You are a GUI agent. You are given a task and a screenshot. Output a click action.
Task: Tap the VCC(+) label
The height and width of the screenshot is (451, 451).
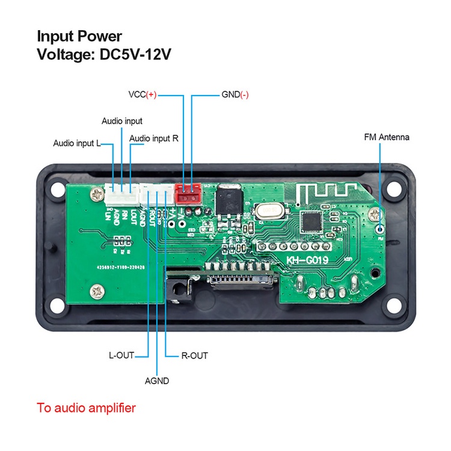[x=143, y=95]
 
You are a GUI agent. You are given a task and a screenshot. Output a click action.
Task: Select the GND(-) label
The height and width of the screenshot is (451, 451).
[x=235, y=95]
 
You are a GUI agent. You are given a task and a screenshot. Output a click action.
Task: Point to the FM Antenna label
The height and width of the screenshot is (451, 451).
[x=387, y=137]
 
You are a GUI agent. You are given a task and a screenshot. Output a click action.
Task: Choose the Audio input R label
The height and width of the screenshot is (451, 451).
[x=154, y=138]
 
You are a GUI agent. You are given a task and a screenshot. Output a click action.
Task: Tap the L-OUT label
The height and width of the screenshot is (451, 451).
[x=121, y=355]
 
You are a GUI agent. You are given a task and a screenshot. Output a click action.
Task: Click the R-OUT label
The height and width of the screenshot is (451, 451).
[x=194, y=355]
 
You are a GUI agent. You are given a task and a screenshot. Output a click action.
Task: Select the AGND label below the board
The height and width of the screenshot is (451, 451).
[x=157, y=381]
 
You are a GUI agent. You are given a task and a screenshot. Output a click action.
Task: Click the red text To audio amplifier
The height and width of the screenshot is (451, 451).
[x=86, y=408]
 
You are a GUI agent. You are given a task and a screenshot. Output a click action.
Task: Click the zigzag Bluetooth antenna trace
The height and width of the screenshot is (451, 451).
[x=319, y=194]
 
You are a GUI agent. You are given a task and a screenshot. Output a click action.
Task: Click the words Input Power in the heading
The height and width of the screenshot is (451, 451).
[x=79, y=36]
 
